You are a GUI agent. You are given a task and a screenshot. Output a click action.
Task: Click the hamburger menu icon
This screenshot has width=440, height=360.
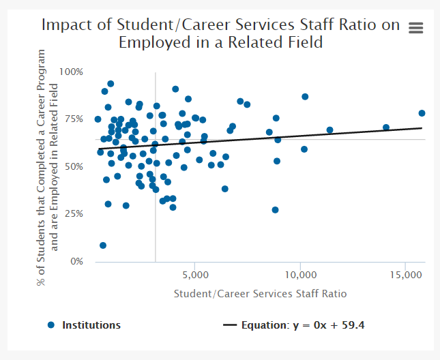(415, 27)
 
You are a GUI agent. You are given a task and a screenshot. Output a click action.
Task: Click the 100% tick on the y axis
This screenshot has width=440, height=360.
(72, 72)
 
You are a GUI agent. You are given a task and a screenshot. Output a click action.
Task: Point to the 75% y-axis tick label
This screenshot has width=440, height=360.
(74, 119)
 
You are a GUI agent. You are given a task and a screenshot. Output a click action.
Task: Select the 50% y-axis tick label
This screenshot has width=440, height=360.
(74, 166)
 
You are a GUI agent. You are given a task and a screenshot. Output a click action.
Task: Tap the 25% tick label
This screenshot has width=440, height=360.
(74, 213)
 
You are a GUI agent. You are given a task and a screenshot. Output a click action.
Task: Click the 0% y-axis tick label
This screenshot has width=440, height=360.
(76, 261)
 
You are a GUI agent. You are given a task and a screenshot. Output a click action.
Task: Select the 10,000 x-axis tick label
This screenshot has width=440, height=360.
(300, 275)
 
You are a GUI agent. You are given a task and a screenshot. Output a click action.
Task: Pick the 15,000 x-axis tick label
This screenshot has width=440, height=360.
(405, 275)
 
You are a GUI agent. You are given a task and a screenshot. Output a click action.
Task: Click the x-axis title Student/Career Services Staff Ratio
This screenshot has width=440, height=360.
(261, 294)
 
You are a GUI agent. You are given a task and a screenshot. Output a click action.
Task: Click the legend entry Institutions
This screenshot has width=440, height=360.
(91, 325)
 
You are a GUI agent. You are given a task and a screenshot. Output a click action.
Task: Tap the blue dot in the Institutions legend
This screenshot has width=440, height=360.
(50, 325)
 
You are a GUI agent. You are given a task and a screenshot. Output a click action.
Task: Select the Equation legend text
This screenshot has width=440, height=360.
(303, 325)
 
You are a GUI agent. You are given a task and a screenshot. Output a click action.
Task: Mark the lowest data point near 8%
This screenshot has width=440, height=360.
(103, 245)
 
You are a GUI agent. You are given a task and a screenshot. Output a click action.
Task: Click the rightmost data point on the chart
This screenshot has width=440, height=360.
(422, 113)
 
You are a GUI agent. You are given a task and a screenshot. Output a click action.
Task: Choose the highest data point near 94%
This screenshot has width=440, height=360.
(111, 84)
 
